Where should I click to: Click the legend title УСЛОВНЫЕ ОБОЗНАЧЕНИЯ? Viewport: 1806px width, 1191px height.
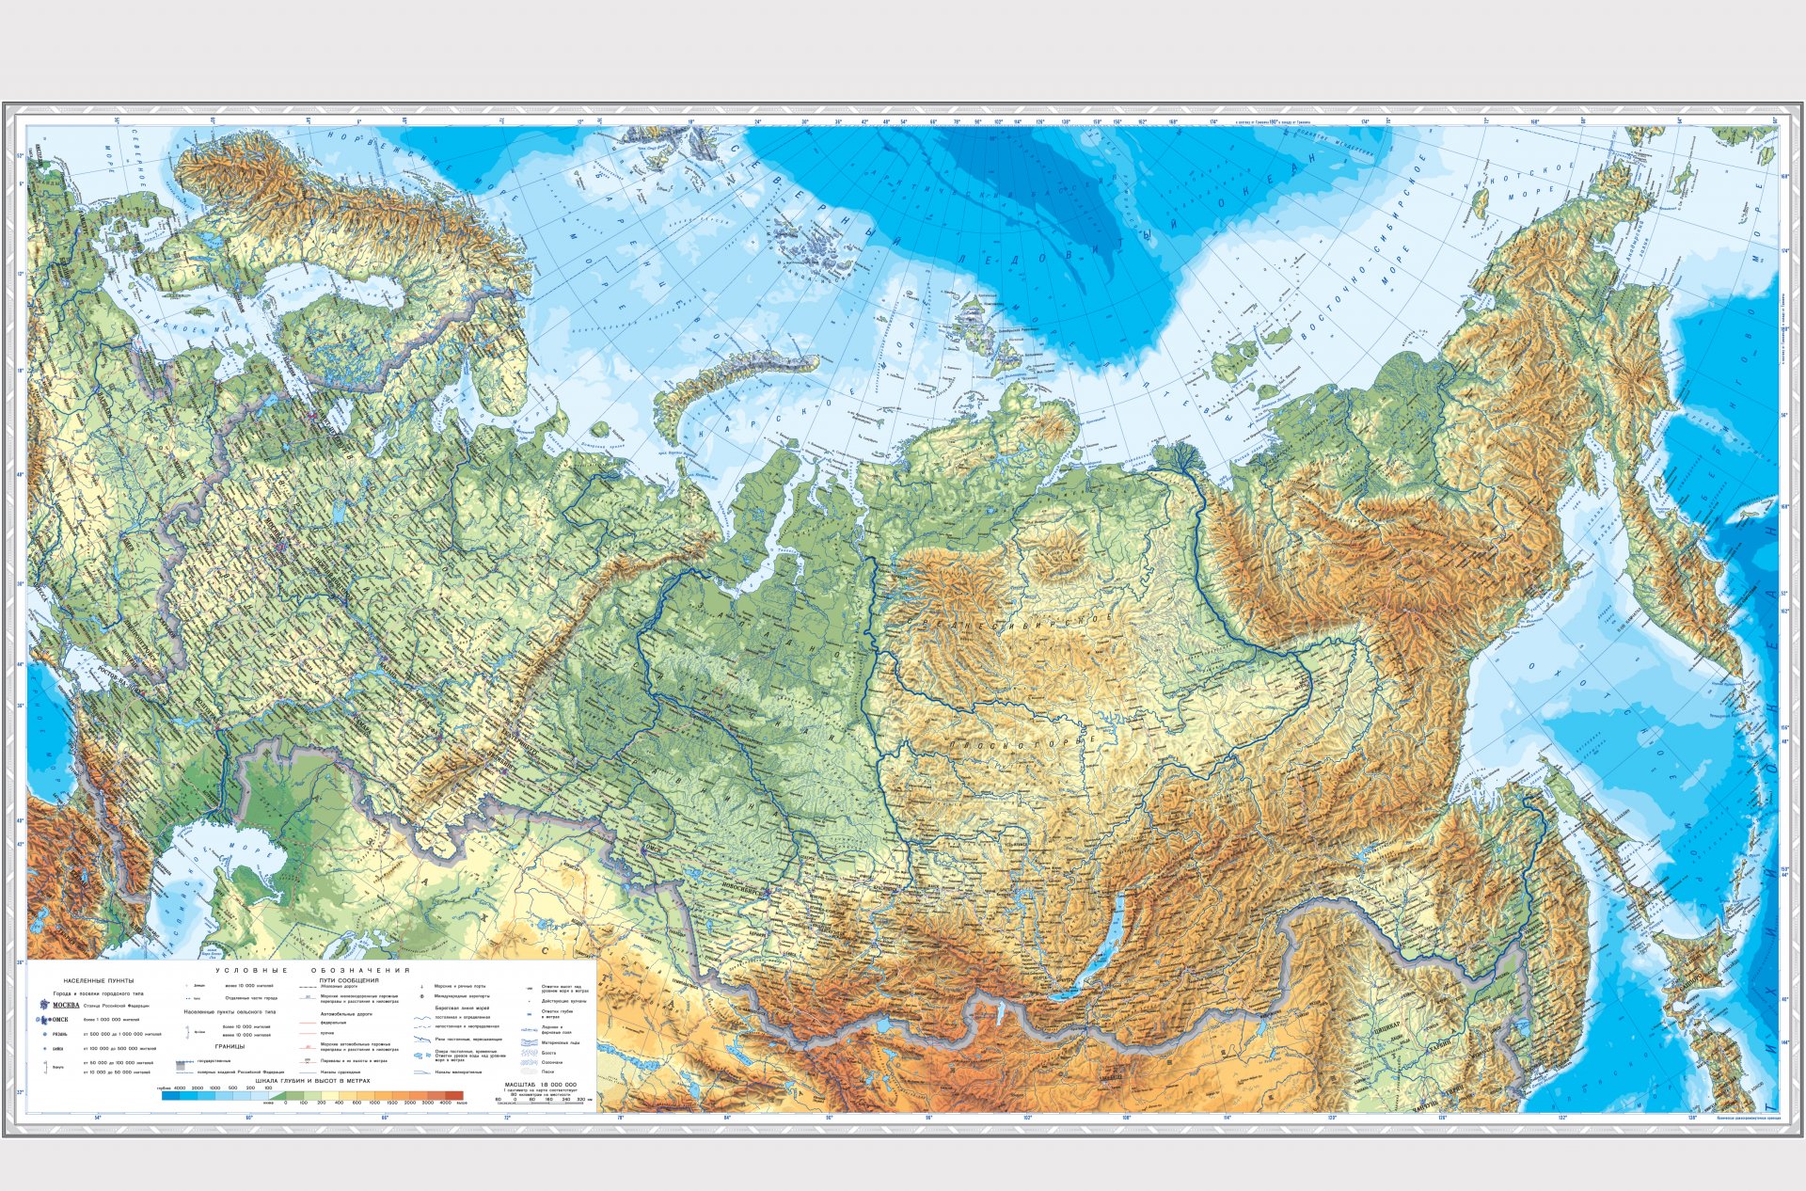[x=313, y=970]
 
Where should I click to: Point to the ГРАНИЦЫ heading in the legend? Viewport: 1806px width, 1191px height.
[x=230, y=1046]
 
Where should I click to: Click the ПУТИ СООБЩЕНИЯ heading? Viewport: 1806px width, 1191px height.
[x=349, y=979]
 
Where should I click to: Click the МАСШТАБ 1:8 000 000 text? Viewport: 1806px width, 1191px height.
[x=540, y=1085]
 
